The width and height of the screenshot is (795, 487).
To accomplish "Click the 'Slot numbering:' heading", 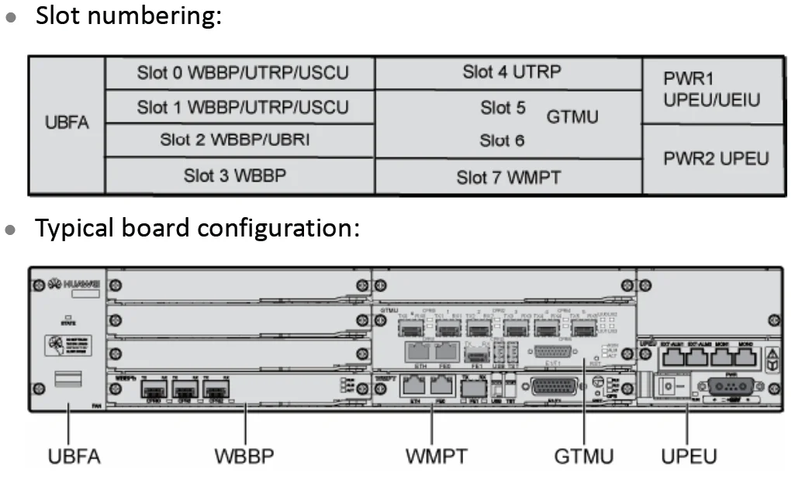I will coord(128,16).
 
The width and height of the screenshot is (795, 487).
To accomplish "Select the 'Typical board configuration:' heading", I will coord(197,228).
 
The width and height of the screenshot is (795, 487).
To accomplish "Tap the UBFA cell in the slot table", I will coord(67,124).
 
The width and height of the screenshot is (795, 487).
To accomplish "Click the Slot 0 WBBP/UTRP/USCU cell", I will coord(242,74).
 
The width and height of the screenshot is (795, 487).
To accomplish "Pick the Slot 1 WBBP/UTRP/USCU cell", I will coord(242,107).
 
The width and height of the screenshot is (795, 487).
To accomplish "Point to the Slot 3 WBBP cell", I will coord(234,175).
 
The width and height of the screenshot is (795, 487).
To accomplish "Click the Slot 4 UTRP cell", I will coord(511,72).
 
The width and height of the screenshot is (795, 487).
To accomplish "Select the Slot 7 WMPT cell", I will coord(508,178).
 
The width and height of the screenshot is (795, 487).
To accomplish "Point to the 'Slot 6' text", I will coord(502,140).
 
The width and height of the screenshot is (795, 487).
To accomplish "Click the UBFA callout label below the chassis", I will coord(74,456).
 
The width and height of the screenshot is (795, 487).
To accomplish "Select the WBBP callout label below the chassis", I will coord(244,456).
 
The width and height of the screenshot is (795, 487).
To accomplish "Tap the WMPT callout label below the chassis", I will coord(436,456).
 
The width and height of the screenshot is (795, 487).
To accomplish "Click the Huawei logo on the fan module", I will coord(70,285).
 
